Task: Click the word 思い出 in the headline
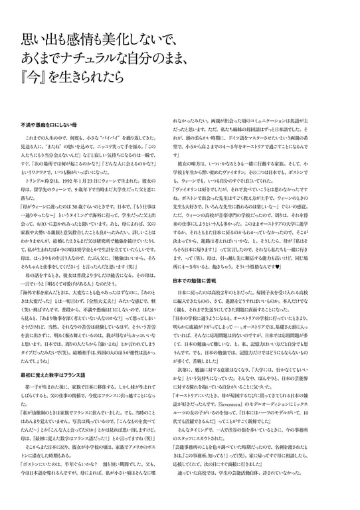[37, 39]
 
